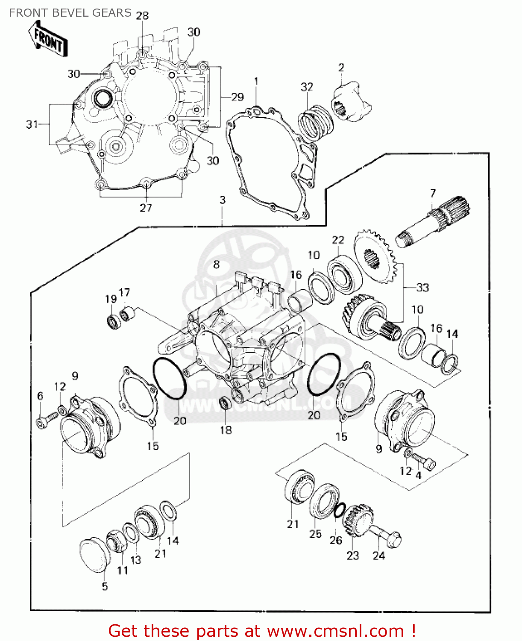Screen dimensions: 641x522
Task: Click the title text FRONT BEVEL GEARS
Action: point(70,13)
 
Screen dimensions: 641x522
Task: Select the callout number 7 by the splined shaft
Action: point(433,194)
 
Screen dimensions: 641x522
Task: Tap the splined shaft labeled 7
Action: point(434,222)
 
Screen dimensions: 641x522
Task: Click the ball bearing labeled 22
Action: point(344,273)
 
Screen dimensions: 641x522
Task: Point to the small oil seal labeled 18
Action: point(225,403)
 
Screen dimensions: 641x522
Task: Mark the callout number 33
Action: point(422,288)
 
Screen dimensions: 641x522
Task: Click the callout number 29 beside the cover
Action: point(237,97)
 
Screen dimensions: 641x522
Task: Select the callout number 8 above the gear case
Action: point(217,265)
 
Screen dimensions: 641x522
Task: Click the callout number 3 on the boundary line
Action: point(222,200)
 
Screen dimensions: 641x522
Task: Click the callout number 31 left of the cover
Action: point(32,124)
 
